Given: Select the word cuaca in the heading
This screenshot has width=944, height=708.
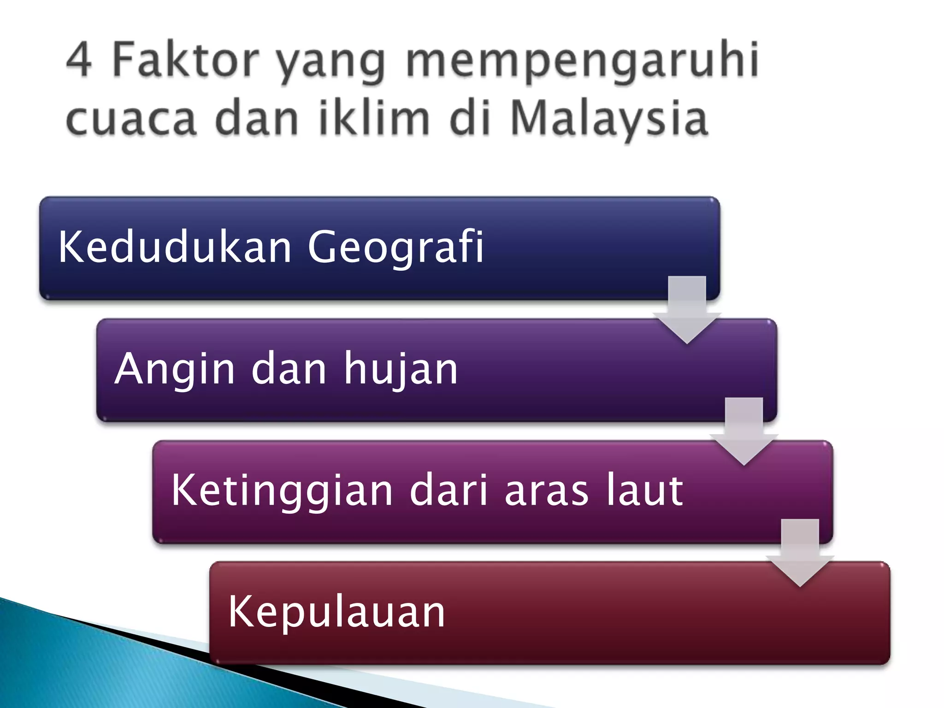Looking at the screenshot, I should (x=131, y=119).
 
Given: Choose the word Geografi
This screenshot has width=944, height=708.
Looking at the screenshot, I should (x=395, y=248).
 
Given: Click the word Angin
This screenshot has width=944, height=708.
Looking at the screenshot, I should (x=175, y=369).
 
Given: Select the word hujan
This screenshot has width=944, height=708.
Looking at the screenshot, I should (x=401, y=369).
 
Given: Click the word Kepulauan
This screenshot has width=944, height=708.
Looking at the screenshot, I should (x=336, y=612).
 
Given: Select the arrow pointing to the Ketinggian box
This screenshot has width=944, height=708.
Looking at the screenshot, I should (x=743, y=431).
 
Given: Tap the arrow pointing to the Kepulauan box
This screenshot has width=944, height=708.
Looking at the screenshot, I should (x=800, y=553).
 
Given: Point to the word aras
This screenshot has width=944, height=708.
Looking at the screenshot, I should (x=546, y=490).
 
